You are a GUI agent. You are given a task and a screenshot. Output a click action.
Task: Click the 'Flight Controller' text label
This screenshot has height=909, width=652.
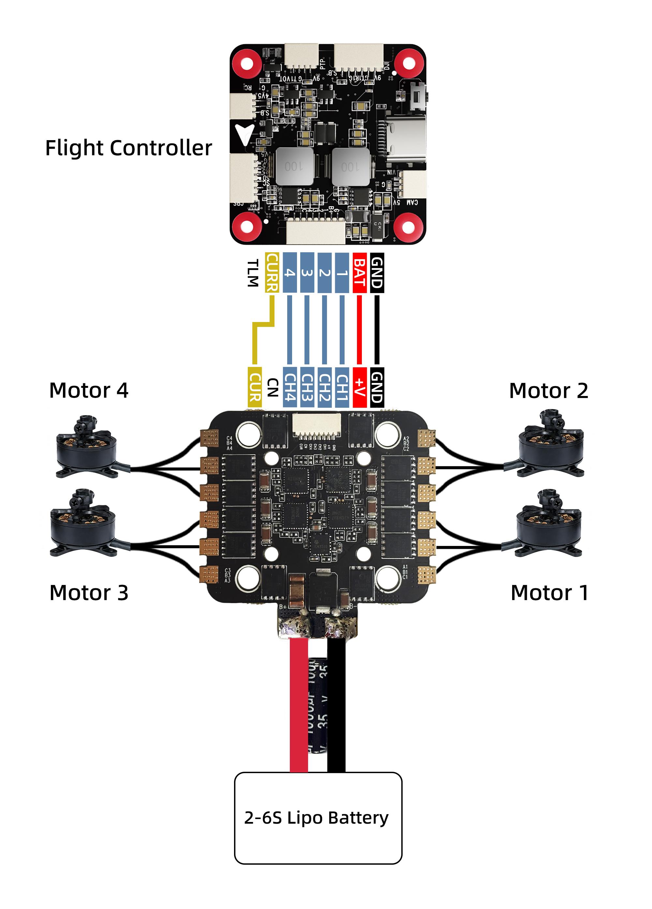pyautogui.click(x=128, y=148)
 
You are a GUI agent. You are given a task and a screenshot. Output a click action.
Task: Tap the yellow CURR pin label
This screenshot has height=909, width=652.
pyautogui.click(x=272, y=272)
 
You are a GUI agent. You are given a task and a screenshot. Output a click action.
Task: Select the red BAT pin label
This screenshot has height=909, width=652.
pyautogui.click(x=359, y=272)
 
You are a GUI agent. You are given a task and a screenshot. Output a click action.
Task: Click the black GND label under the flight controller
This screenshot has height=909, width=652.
pyautogui.click(x=377, y=272)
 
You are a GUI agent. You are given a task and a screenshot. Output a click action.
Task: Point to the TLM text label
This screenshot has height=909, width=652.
pyautogui.click(x=252, y=273)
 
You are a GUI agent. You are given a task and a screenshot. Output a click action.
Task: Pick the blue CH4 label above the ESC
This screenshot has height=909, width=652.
pyautogui.click(x=289, y=387)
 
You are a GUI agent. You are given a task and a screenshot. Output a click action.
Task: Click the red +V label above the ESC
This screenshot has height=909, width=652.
pyautogui.click(x=359, y=387)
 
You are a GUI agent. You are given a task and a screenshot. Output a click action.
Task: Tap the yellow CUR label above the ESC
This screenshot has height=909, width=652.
pyautogui.click(x=255, y=387)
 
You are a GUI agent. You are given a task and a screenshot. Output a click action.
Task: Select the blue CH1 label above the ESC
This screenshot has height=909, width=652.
pyautogui.click(x=342, y=387)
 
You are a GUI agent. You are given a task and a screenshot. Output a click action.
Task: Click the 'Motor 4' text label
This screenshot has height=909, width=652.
pyautogui.click(x=89, y=390)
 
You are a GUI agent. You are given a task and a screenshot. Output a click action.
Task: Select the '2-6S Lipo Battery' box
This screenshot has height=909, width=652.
pyautogui.click(x=318, y=818)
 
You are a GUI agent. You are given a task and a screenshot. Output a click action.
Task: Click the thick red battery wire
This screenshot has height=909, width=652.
pyautogui.click(x=299, y=705)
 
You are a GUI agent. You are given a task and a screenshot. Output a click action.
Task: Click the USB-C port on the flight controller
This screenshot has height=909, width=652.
pyautogui.click(x=405, y=139)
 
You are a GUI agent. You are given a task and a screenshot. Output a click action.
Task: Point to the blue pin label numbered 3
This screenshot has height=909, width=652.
pyautogui.click(x=307, y=272)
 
